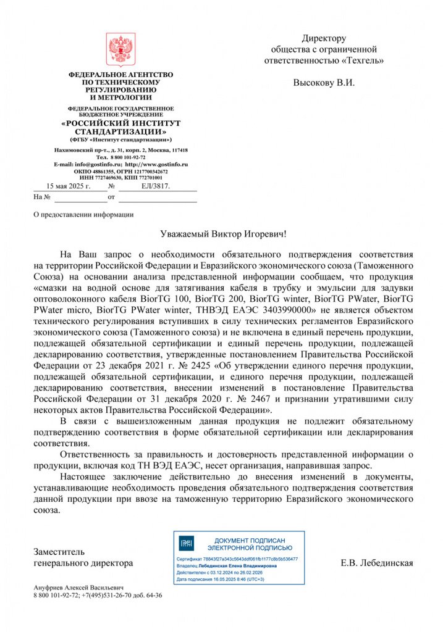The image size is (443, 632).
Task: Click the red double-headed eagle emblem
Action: (x=121, y=50)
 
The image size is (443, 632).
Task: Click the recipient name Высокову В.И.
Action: (x=324, y=82)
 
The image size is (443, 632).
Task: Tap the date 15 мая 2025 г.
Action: (x=69, y=185)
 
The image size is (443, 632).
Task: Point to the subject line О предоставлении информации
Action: (x=82, y=214)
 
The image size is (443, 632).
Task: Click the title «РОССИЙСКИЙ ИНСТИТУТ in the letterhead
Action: (x=121, y=123)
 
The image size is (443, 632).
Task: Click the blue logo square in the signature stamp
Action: (x=186, y=543)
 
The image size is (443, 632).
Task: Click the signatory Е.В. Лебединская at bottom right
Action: (x=376, y=563)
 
